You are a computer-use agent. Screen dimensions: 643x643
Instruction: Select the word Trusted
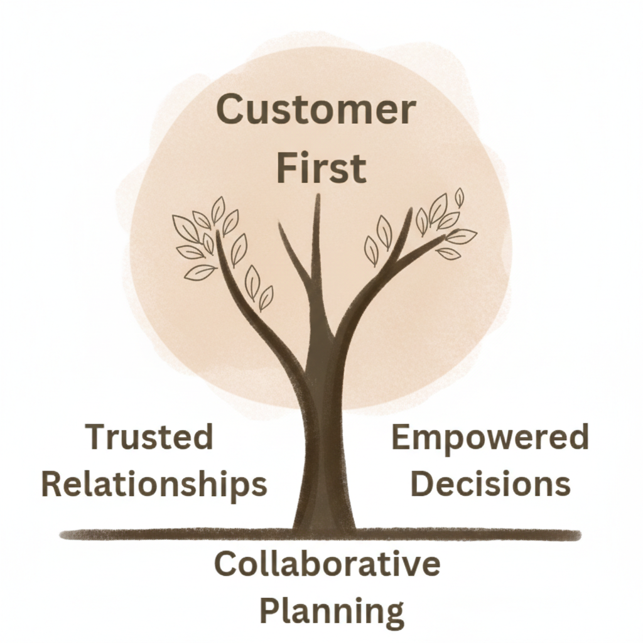[x=149, y=438]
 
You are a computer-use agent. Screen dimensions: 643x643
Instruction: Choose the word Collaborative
[x=327, y=564]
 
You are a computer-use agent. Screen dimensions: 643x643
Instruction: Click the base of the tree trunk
[x=324, y=527]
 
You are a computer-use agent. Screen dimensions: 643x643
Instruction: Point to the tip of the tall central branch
[x=318, y=197]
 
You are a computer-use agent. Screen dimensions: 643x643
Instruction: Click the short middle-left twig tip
[x=281, y=227]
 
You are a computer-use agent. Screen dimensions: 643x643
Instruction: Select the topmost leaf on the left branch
[x=218, y=209]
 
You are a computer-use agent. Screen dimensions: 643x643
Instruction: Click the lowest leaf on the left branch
[x=266, y=298]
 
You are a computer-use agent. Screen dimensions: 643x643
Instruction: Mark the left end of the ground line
[x=63, y=535]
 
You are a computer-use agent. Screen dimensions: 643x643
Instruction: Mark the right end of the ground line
[x=578, y=536]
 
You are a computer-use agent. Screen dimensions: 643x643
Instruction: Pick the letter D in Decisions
[x=428, y=484]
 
